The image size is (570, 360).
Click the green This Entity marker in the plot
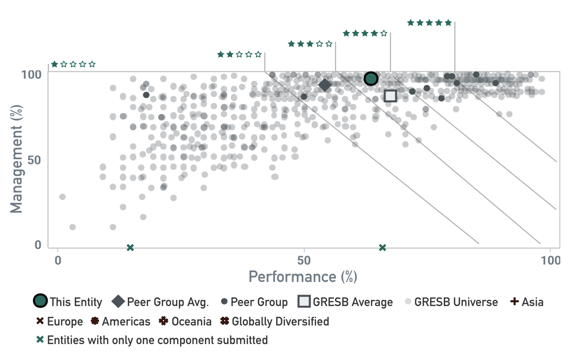[371, 79]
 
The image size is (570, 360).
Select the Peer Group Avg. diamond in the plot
[325, 85]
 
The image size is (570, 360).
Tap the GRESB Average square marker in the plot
[390, 96]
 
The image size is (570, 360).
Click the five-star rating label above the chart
[429, 23]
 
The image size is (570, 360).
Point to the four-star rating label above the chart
[365, 33]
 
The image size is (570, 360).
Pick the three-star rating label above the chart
[310, 44]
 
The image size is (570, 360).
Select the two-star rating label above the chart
[239, 54]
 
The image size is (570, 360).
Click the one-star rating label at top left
[73, 64]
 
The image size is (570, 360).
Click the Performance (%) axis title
[303, 277]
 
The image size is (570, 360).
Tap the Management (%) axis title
[17, 160]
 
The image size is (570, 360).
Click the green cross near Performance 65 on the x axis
[383, 248]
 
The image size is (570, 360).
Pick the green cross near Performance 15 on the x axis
[130, 248]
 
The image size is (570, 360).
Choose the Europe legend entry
[60, 322]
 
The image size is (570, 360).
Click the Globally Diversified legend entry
[275, 322]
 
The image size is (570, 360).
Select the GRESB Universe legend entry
[451, 302]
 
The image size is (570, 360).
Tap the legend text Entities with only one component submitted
[157, 340]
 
